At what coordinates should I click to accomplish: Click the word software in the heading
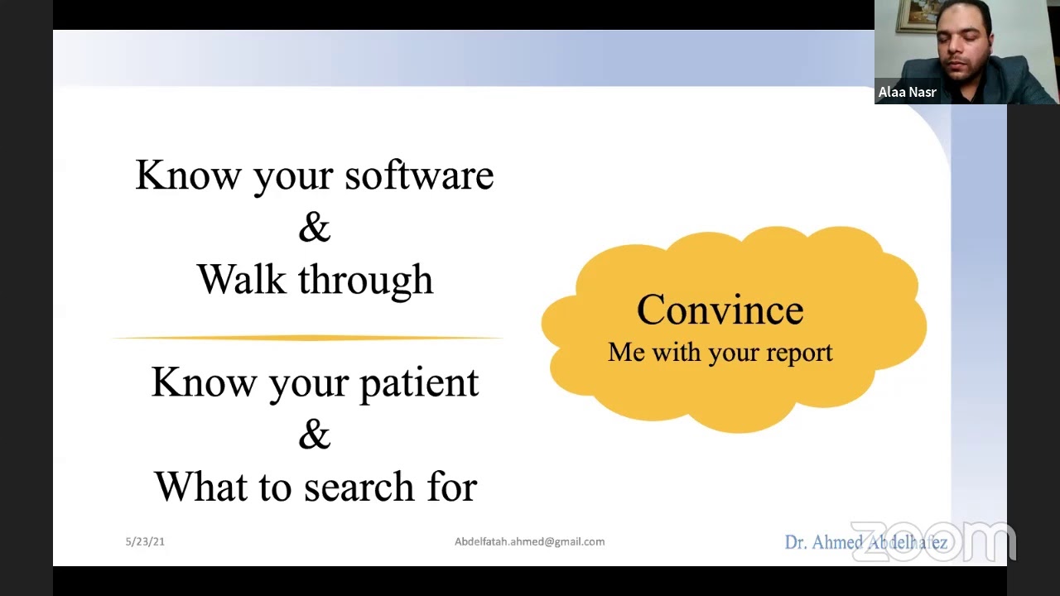419,175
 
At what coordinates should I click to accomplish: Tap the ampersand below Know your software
314,228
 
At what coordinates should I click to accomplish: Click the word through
365,281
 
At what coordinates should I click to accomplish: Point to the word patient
418,382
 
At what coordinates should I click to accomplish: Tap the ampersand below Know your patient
314,435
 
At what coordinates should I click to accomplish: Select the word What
202,487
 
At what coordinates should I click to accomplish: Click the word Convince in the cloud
720,310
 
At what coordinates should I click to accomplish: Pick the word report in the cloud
799,353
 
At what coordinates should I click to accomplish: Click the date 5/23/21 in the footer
145,541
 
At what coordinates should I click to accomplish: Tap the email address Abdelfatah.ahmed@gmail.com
529,541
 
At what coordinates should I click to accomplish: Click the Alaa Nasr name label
907,92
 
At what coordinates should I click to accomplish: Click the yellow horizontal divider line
306,338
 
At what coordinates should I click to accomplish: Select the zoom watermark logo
933,541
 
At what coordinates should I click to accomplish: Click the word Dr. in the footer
796,543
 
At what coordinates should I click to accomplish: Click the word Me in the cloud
626,353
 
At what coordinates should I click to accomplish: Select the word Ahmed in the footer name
838,543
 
